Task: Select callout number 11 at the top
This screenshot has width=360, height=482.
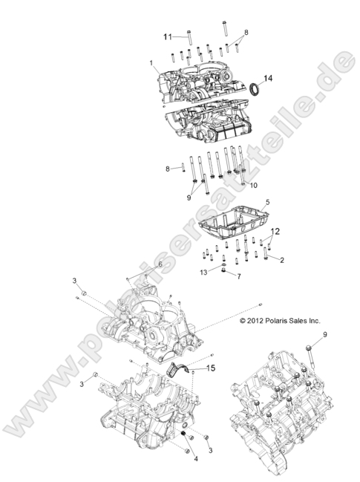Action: pos(168,35)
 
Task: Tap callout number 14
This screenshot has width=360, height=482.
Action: pos(269,77)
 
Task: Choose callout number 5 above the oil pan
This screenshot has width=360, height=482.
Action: pos(247,201)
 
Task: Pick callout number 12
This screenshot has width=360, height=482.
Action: pos(274,232)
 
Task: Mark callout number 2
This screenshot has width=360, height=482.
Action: pos(281,259)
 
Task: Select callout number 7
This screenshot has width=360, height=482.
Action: pos(238,276)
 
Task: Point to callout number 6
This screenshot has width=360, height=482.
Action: pos(159,265)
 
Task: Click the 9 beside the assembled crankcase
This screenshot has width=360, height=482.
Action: pos(324,335)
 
